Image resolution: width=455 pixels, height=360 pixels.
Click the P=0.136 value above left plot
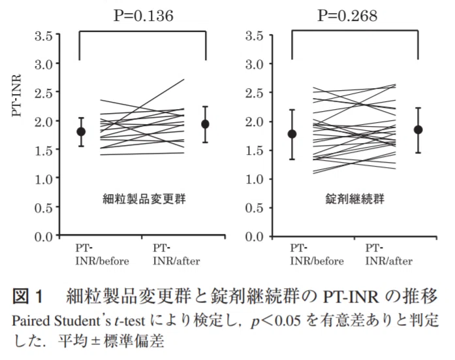[x=144, y=16]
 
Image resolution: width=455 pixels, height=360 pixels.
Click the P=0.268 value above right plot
[x=348, y=16]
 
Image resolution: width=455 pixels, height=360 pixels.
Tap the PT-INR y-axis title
[x=17, y=95]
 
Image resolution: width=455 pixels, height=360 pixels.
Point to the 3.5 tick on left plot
[x=44, y=37]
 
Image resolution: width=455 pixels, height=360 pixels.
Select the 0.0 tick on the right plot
[x=255, y=237]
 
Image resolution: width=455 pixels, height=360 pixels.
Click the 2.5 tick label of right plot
[x=255, y=93]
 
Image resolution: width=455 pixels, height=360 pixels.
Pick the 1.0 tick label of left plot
[x=44, y=179]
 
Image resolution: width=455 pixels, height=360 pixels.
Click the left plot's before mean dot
[x=81, y=131]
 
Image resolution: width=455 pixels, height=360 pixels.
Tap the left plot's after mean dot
[x=205, y=124]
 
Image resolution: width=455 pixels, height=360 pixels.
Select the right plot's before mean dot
[x=292, y=134]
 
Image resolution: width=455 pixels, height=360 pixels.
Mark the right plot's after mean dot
[x=418, y=130]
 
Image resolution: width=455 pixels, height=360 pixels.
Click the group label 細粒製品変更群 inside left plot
[x=144, y=199]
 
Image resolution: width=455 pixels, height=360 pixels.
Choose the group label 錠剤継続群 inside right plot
[x=355, y=199]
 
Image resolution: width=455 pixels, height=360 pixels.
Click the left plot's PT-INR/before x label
[x=102, y=255]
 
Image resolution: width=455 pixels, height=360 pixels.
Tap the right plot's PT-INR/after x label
[x=389, y=255]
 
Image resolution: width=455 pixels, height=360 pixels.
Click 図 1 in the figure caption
[x=27, y=297]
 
